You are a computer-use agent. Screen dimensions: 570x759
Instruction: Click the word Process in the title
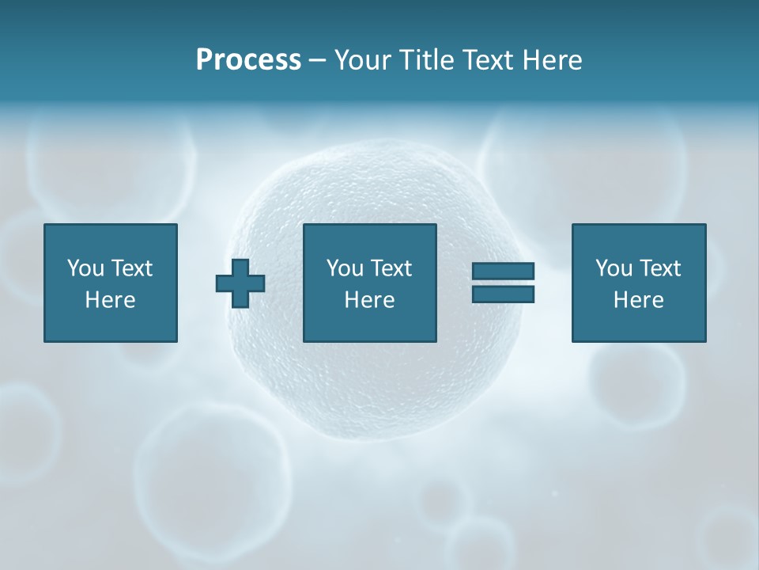(x=248, y=60)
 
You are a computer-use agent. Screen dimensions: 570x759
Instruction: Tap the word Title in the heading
(x=425, y=60)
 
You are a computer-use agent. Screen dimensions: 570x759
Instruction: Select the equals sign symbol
(x=503, y=283)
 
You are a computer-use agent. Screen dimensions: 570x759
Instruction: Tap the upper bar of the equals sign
(x=503, y=272)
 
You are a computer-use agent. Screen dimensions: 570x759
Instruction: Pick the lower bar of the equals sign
(x=503, y=294)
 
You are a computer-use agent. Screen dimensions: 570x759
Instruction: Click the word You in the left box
(x=85, y=268)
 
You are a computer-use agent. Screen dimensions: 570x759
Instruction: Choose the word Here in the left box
(x=110, y=300)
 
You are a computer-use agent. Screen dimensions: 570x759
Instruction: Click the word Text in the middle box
(x=391, y=268)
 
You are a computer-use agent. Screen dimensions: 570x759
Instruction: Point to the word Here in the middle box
(x=369, y=300)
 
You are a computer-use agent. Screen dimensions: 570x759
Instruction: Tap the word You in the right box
(x=614, y=268)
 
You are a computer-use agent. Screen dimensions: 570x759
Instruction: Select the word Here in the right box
(x=638, y=300)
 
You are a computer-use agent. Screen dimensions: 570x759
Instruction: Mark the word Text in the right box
(x=660, y=268)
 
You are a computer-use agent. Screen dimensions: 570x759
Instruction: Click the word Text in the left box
(x=132, y=268)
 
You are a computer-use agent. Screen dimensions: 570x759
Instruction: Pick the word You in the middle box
(x=345, y=268)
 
